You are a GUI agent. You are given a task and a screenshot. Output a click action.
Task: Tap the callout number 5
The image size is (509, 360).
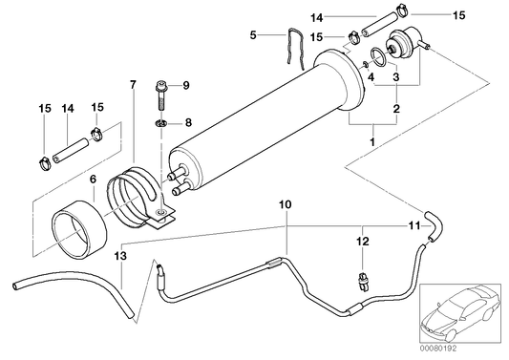(252, 35)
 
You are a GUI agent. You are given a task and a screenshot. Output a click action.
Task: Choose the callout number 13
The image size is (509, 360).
(118, 256)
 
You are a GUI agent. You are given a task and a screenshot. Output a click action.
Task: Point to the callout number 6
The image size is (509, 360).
(93, 178)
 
